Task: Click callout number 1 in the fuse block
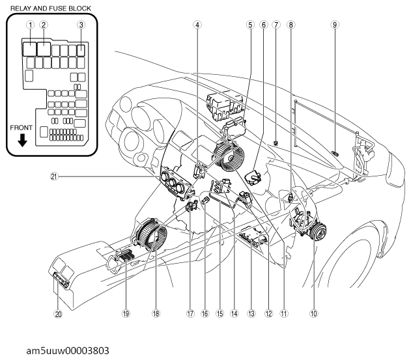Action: (x=31, y=25)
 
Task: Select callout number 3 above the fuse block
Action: (x=81, y=25)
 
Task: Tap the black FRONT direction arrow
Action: (x=23, y=140)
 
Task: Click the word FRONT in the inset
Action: (x=21, y=128)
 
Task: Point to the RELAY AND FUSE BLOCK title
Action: (x=51, y=8)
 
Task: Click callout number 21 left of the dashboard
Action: (x=53, y=176)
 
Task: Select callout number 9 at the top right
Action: (x=334, y=25)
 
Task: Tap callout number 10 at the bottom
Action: (x=313, y=313)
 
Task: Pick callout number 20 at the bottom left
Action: (x=58, y=314)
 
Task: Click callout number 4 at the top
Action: (x=197, y=25)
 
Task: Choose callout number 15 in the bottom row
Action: (x=220, y=313)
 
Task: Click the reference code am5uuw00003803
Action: (x=68, y=350)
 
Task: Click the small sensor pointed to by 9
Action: (x=335, y=153)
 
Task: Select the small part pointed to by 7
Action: (x=276, y=143)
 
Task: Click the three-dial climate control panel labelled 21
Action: (x=173, y=182)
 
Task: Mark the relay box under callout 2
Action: (x=44, y=49)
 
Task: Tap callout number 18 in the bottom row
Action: (x=156, y=313)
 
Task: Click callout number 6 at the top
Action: (x=263, y=25)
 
